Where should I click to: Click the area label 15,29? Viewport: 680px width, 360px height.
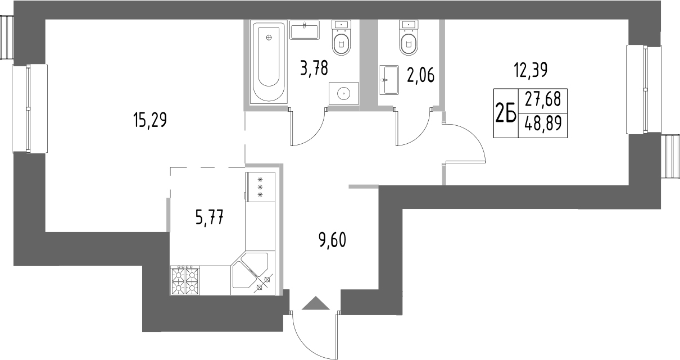[149, 120]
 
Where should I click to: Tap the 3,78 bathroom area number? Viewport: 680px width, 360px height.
[314, 69]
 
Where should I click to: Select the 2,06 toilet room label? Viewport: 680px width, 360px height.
[420, 75]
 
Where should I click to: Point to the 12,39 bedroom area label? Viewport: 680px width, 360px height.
[531, 70]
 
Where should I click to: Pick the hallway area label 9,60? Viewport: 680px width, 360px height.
[332, 240]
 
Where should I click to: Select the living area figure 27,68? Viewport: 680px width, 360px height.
[543, 99]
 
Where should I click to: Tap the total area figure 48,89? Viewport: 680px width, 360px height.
[543, 123]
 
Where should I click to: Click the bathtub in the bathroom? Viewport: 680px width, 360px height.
[269, 62]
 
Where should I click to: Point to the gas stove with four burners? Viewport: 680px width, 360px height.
[185, 281]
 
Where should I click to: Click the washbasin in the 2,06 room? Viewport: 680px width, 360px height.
[389, 80]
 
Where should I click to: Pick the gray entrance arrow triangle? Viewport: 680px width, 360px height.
[316, 303]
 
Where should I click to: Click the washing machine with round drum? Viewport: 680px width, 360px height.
[343, 93]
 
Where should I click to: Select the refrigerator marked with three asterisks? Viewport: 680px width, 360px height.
[260, 187]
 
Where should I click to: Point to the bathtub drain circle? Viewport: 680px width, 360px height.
[269, 38]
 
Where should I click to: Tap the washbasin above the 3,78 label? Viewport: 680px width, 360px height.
[305, 30]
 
